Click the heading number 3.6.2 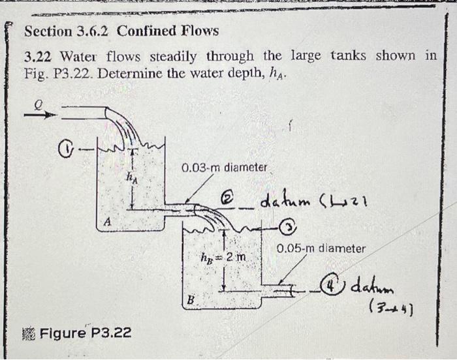click(x=95, y=31)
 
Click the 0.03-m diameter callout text click(x=225, y=168)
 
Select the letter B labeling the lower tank click(x=191, y=300)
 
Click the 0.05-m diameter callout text click(x=321, y=248)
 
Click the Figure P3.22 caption click(x=85, y=333)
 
